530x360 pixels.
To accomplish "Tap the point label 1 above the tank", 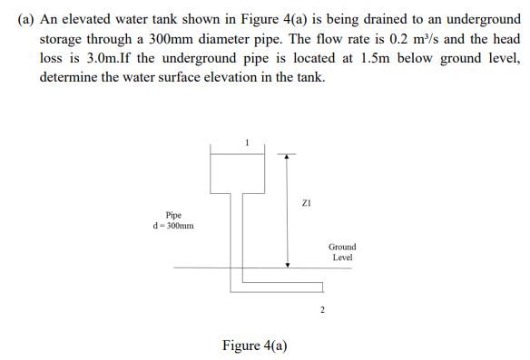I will coord(246,142).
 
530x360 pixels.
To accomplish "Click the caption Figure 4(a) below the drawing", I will coord(255,345).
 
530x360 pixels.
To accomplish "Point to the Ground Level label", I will coord(342,252).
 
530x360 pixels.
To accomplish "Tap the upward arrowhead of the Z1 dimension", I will coord(288,156).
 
